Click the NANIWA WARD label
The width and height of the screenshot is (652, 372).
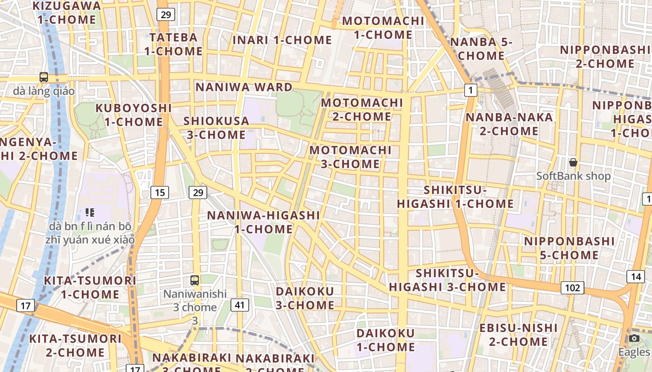tap(244, 87)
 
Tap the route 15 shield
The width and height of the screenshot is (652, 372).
tap(160, 192)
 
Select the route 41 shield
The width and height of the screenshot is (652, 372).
tap(239, 305)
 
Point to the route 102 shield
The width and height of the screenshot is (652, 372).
tap(572, 288)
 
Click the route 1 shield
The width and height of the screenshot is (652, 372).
tap(471, 90)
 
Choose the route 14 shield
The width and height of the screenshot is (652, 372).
tap(636, 277)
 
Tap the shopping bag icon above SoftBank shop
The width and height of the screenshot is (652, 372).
tap(573, 162)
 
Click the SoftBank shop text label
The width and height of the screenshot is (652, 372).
tap(573, 176)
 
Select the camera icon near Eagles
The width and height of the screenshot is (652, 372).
tap(634, 338)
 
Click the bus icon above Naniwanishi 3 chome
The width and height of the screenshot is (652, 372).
tap(195, 280)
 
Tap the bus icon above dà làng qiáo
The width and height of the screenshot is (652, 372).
tap(44, 77)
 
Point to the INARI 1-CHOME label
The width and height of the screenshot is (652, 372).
tap(282, 40)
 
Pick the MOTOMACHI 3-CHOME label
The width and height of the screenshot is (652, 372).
tap(351, 157)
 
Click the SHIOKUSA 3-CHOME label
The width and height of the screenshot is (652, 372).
tap(216, 128)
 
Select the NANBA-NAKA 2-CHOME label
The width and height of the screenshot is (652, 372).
tap(509, 124)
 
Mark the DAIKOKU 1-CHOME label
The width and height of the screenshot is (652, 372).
tap(386, 340)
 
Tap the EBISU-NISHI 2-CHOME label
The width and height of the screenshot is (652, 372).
tap(518, 335)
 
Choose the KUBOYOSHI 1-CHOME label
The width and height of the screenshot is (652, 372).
tap(134, 115)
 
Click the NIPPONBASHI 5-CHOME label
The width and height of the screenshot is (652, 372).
tap(569, 248)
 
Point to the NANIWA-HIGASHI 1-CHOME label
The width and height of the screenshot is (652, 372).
tap(264, 222)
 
